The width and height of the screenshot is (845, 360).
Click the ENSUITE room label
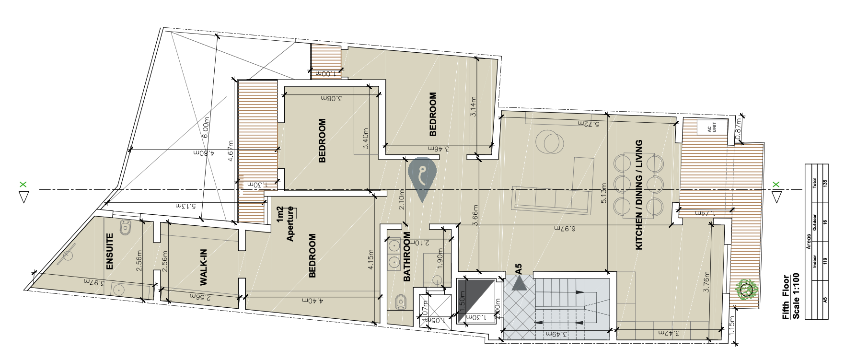coord(109,251)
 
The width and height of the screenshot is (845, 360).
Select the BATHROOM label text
coord(407,257)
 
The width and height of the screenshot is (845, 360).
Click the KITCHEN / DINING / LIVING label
coord(638,195)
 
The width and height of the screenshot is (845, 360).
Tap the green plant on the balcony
coord(746,290)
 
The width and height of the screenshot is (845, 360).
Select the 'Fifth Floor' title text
coord(786,297)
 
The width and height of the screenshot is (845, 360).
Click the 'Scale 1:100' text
coord(796,297)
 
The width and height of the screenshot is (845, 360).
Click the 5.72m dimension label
coord(588,124)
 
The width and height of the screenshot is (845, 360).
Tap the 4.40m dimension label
coord(313,301)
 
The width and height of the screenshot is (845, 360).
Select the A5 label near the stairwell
coord(518,268)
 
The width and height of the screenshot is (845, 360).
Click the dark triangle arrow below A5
coord(519,284)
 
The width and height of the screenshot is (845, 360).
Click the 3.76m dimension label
coord(706,282)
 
